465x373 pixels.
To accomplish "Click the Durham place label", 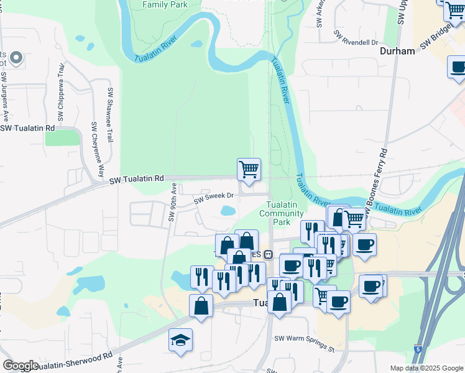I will (397, 51).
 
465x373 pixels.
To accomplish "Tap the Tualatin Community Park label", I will (285, 213).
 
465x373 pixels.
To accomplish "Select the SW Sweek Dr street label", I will (213, 198).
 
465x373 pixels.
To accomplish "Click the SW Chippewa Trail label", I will (61, 94).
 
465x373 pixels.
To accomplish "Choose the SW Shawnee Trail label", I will (109, 115).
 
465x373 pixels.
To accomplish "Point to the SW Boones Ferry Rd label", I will (379, 181).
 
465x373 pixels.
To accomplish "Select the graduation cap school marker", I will (180, 340).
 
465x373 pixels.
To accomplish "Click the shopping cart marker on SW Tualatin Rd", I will (249, 169).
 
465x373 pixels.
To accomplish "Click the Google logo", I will (21, 366).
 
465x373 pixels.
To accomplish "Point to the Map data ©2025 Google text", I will (426, 368).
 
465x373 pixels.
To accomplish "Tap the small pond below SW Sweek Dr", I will (227, 211).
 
